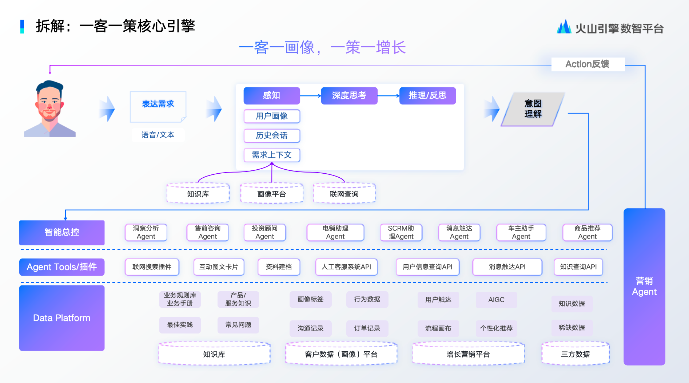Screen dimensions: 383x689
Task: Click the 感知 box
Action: pyautogui.click(x=272, y=96)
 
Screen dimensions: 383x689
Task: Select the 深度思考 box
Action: pyautogui.click(x=349, y=96)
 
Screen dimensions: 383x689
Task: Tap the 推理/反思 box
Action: pyautogui.click(x=427, y=96)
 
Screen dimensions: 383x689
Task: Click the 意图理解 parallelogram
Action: pyautogui.click(x=533, y=109)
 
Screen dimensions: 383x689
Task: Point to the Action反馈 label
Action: pyautogui.click(x=588, y=64)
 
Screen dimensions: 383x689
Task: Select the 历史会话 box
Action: pyautogui.click(x=272, y=135)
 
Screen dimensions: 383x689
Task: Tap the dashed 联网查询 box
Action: pyautogui.click(x=344, y=194)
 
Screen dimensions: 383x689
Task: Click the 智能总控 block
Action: pyautogui.click(x=62, y=232)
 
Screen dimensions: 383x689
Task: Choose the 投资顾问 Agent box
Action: pyautogui.click(x=264, y=232)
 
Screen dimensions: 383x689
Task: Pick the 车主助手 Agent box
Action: pyautogui.click(x=521, y=232)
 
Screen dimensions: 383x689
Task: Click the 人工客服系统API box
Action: pyautogui.click(x=346, y=267)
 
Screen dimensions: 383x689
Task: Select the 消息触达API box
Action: pyautogui.click(x=507, y=267)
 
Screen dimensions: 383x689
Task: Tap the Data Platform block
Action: pyautogui.click(x=62, y=318)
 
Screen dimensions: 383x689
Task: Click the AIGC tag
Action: pyautogui.click(x=496, y=300)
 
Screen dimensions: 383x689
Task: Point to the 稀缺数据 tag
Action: pyautogui.click(x=571, y=328)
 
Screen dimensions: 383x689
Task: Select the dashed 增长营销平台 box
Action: pyautogui.click(x=468, y=354)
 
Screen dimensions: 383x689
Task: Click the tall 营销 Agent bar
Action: pyautogui.click(x=644, y=287)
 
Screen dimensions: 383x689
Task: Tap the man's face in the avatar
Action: pyautogui.click(x=49, y=103)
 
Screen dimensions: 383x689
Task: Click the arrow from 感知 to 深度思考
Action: pyautogui.click(x=310, y=96)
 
